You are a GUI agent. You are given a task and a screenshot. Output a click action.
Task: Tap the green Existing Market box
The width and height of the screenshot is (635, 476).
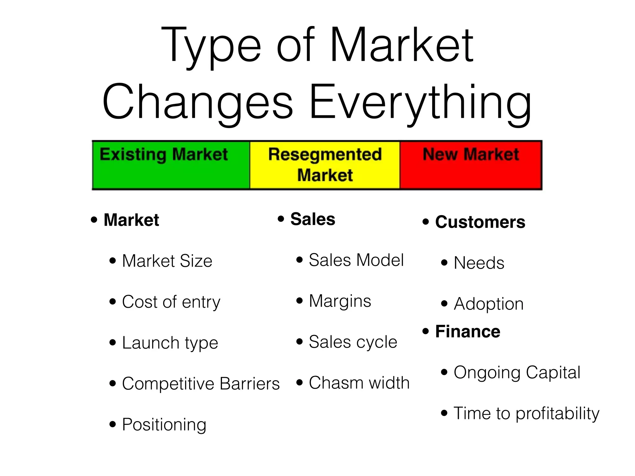tap(171, 165)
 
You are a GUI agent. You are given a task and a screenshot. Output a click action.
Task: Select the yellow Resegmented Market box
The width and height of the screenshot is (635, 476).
tap(325, 165)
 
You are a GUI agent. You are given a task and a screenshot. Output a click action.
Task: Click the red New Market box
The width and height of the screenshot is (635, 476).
tap(471, 165)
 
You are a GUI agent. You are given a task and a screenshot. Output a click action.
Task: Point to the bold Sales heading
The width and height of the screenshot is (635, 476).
tap(313, 219)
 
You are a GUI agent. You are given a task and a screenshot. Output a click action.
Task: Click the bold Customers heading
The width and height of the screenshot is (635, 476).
tap(480, 222)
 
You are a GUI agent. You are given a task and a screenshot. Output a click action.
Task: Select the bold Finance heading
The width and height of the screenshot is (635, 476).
tap(468, 331)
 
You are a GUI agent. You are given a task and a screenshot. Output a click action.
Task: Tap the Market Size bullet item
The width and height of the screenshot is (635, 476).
tap(167, 261)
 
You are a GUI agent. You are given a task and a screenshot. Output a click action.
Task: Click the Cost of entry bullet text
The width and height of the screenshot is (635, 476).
tap(171, 302)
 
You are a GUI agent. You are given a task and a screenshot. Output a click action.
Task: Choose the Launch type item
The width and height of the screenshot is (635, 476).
tap(170, 343)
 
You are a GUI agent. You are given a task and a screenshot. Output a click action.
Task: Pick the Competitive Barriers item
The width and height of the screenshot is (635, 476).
tap(201, 384)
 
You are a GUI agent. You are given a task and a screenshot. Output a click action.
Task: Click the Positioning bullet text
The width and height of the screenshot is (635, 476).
tap(164, 425)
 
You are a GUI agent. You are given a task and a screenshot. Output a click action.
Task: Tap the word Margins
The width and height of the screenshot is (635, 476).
tap(340, 301)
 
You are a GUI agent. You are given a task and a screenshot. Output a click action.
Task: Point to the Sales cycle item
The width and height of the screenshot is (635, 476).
tap(353, 342)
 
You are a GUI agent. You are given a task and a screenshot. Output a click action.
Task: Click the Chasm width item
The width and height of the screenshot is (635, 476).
tap(359, 383)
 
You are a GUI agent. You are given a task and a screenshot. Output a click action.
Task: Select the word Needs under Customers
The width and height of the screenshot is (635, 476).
tap(479, 263)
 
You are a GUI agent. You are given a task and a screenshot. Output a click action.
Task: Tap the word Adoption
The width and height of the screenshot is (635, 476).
tap(489, 304)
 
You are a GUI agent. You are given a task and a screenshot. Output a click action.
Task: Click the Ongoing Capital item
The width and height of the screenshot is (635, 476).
tap(517, 372)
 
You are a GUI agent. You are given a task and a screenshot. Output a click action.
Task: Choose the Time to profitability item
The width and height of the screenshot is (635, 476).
tap(526, 413)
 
